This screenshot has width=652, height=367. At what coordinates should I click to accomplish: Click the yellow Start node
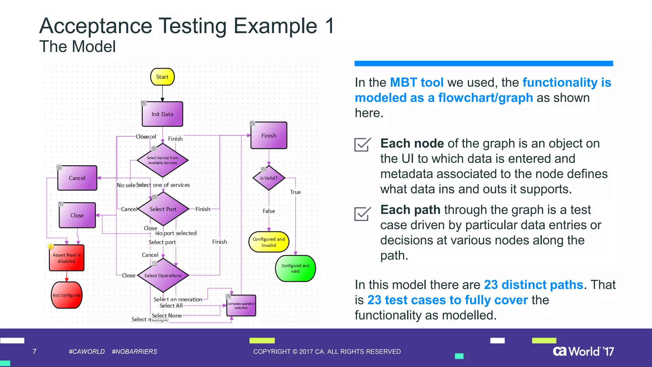pyautogui.click(x=162, y=77)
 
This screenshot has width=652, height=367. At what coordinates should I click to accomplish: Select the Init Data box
pyautogui.click(x=162, y=114)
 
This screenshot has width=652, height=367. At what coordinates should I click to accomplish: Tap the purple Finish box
pyautogui.click(x=269, y=135)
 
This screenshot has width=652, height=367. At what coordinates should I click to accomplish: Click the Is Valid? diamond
pyautogui.click(x=269, y=178)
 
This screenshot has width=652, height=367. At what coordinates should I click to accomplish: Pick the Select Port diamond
pyautogui.click(x=163, y=209)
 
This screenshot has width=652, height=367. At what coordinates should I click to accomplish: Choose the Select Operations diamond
pyautogui.click(x=163, y=275)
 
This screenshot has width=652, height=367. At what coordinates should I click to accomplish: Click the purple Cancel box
pyautogui.click(x=77, y=178)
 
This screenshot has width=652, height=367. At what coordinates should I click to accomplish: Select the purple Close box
pyautogui.click(x=77, y=215)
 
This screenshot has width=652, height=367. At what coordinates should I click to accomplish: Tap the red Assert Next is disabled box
pyautogui.click(x=67, y=258)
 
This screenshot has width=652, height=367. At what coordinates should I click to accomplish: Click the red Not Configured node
pyautogui.click(x=67, y=295)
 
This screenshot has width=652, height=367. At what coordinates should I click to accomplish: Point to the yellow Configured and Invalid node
pyautogui.click(x=269, y=242)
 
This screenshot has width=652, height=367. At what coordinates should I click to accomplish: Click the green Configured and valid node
pyautogui.click(x=295, y=268)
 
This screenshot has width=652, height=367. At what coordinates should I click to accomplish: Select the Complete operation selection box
pyautogui.click(x=241, y=306)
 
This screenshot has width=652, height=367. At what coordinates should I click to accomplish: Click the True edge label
pyautogui.click(x=295, y=192)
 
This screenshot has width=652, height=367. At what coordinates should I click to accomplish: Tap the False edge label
pyautogui.click(x=269, y=211)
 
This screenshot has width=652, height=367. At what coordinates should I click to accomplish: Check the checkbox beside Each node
pyautogui.click(x=362, y=145)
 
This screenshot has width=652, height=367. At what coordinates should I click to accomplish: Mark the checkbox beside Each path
pyautogui.click(x=362, y=214)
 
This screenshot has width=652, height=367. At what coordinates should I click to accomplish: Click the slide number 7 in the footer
pyautogui.click(x=34, y=351)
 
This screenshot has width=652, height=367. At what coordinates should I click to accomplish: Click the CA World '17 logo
pyautogui.click(x=583, y=351)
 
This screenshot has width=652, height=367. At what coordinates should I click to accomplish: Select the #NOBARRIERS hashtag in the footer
pyautogui.click(x=134, y=351)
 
